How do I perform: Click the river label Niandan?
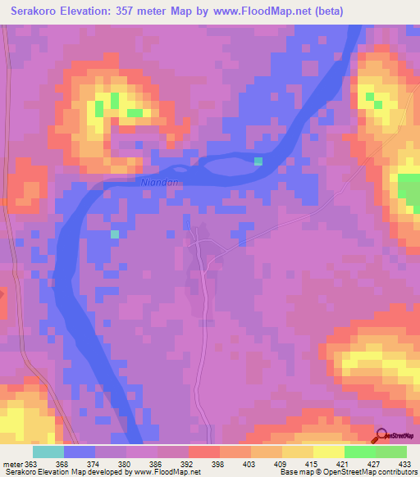coord(159,183)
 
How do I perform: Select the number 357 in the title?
coord(132,11)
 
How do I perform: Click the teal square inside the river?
coord(258,161)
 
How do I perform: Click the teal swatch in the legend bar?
coord(48,451)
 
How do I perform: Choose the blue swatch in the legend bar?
coord(80,451)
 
